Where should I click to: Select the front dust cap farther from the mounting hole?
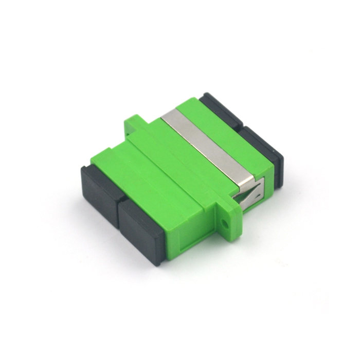click(99, 190)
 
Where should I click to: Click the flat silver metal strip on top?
click(206, 144)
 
